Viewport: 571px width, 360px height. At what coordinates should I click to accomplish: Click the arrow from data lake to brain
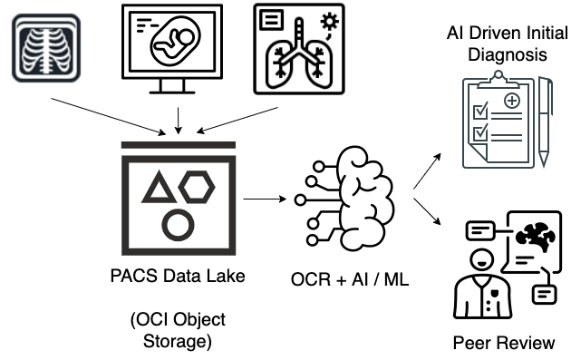266,197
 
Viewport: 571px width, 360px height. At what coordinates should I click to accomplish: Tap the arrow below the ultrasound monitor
179,119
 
